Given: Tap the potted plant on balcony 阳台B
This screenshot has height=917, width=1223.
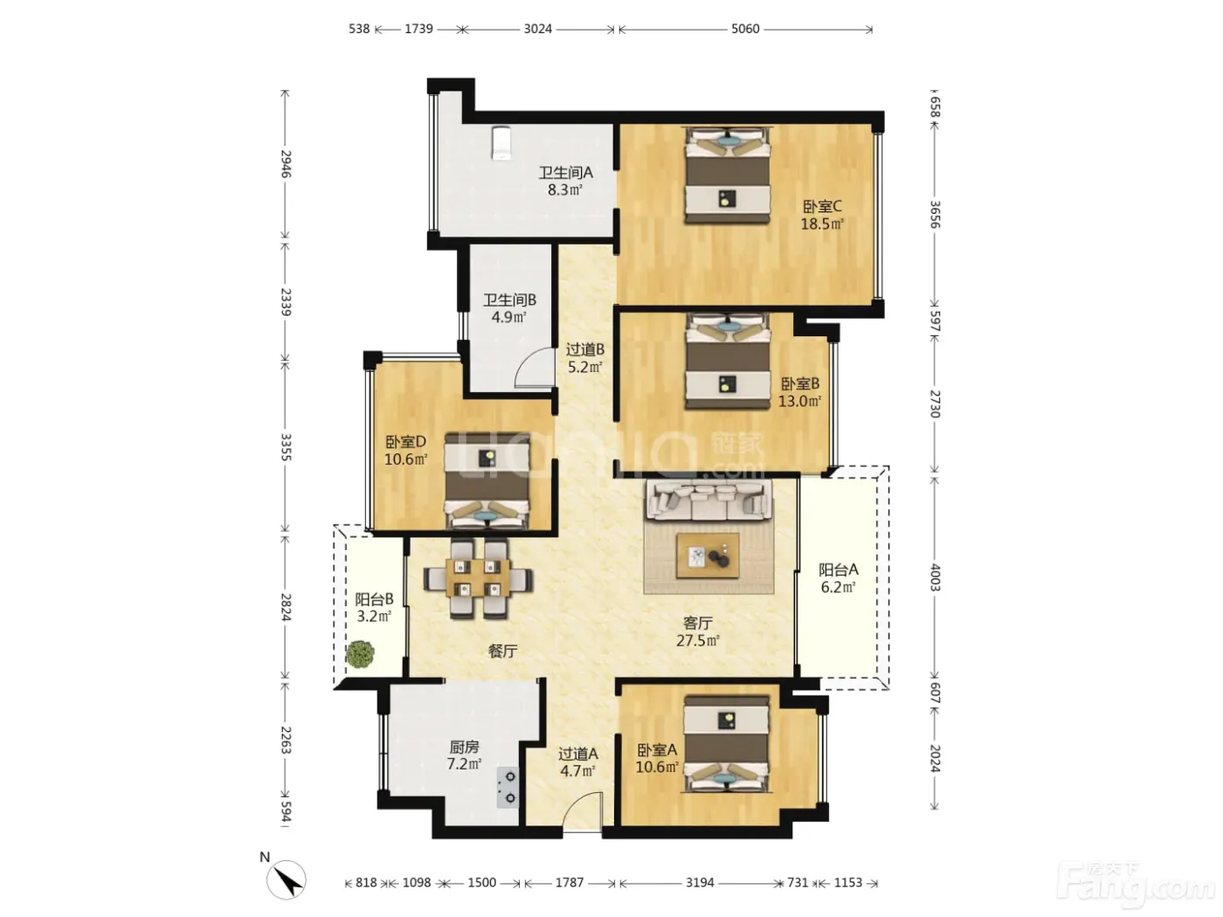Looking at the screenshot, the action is pos(360,654).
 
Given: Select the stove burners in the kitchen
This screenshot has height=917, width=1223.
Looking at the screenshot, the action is pos(508,787).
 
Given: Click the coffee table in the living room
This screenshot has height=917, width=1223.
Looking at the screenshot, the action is pos(708,555).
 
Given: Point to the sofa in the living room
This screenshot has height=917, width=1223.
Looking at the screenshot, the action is pos(708,500).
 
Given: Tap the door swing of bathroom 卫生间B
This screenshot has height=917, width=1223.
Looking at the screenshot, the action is pos(534,367).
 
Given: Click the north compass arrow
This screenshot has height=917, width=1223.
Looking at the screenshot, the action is pos(291,879).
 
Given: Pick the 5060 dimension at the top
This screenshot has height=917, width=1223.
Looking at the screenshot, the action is pos(745,29).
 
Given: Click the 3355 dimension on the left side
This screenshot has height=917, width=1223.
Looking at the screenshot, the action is pos(286,447).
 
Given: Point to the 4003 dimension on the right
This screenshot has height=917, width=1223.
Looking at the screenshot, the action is pos(935,577).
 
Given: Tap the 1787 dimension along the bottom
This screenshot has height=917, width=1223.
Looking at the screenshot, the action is pos(569,882).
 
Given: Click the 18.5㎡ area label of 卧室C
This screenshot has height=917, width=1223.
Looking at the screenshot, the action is pos(822,224).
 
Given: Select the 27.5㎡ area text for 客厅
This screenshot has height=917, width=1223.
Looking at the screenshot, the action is pos(697,640).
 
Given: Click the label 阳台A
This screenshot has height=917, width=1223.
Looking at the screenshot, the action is pos(838,569).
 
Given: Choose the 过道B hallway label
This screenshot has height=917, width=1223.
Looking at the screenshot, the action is pos(585,349).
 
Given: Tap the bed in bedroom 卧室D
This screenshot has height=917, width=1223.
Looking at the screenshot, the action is pos(487,480).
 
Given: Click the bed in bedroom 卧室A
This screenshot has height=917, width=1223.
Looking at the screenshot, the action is pos(727,743).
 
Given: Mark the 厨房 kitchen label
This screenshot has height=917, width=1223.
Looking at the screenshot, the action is pos(464,747).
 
